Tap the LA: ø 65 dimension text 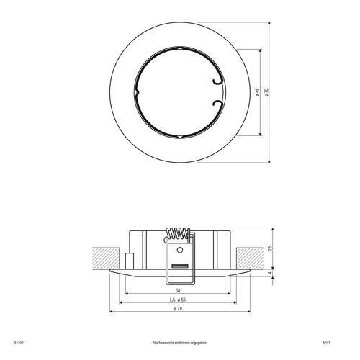point(177,299)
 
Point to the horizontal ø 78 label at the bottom point(177,310)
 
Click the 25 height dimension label point(271,248)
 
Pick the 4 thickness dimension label point(271,272)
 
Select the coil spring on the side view point(176,235)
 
